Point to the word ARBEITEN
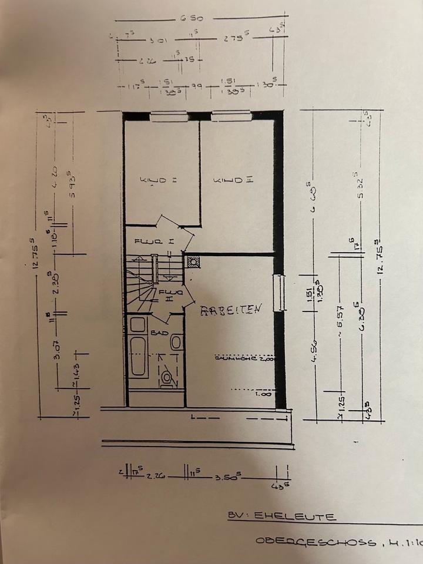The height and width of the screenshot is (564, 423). pos(230,310)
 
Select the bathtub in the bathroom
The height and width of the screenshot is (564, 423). pos(139,355)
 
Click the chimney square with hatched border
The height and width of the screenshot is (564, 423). pos(193,262)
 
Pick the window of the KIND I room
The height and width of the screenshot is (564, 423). pos(169,116)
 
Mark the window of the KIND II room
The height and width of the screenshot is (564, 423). pos(231,116)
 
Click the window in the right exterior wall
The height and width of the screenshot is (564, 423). pos(280,292)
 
